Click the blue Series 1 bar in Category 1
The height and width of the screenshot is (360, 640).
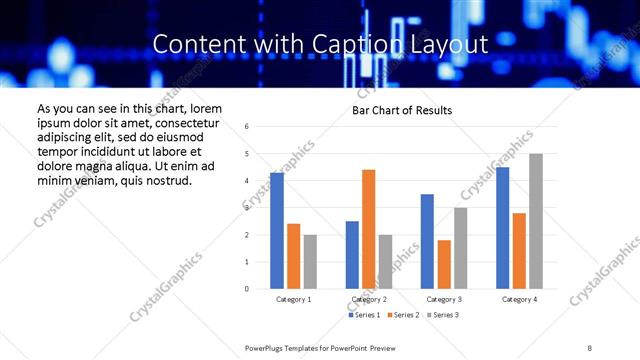point(277,231)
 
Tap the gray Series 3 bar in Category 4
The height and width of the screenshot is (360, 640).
point(536,221)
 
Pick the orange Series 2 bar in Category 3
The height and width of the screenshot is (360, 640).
point(443,264)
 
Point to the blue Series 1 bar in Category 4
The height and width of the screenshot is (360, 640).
point(502,228)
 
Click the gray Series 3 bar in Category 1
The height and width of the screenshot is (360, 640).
point(310,262)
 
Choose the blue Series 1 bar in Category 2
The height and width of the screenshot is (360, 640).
point(352,255)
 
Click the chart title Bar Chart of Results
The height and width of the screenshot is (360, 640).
point(402,110)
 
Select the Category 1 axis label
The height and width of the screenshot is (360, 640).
point(293,299)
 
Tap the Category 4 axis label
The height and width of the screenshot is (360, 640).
point(519,299)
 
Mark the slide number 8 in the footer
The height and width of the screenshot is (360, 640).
point(590,346)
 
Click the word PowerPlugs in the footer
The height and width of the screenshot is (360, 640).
point(266,346)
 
